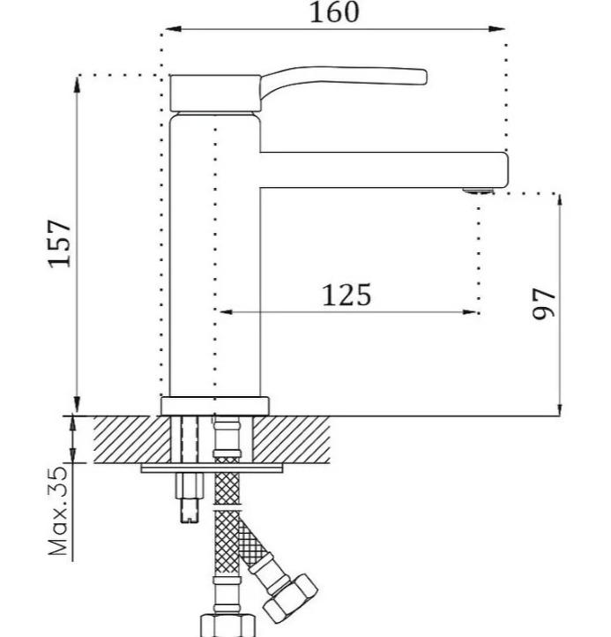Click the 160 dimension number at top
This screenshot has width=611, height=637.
[x=334, y=12]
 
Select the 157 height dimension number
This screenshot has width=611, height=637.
[x=60, y=244]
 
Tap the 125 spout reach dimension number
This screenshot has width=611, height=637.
[x=346, y=296]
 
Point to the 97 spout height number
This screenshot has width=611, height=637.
[x=543, y=304]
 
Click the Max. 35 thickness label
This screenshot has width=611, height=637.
[x=57, y=511]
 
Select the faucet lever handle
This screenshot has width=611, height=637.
[x=343, y=81]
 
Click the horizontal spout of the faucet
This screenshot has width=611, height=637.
[x=384, y=169]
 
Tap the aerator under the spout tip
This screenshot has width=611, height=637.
[x=479, y=191]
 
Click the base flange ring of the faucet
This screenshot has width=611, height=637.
[x=215, y=406]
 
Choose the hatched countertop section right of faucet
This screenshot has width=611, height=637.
[x=291, y=439]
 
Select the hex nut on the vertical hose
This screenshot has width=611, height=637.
[x=227, y=626]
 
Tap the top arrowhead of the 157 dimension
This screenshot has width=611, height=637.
[x=77, y=85]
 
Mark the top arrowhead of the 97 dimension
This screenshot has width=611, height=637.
[x=560, y=202]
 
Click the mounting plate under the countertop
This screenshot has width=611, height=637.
[x=212, y=468]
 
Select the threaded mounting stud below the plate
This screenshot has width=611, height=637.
[x=190, y=498]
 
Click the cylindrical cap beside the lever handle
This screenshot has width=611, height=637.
[x=215, y=93]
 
